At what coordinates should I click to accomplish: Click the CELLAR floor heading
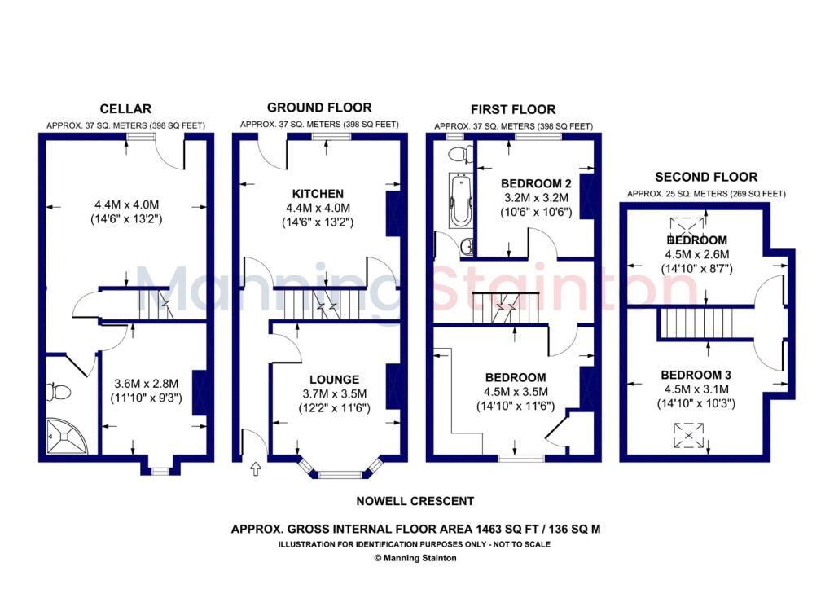click(x=125, y=108)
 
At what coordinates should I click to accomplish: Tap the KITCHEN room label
click(x=318, y=194)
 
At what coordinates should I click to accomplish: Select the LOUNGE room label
click(x=334, y=380)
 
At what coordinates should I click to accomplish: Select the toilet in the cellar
click(x=59, y=393)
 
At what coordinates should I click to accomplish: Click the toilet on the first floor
click(x=460, y=153)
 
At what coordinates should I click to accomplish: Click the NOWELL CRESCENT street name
click(x=415, y=502)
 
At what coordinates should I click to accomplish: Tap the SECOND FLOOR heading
click(x=706, y=177)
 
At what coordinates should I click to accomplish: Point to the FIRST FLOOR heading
click(x=513, y=109)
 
